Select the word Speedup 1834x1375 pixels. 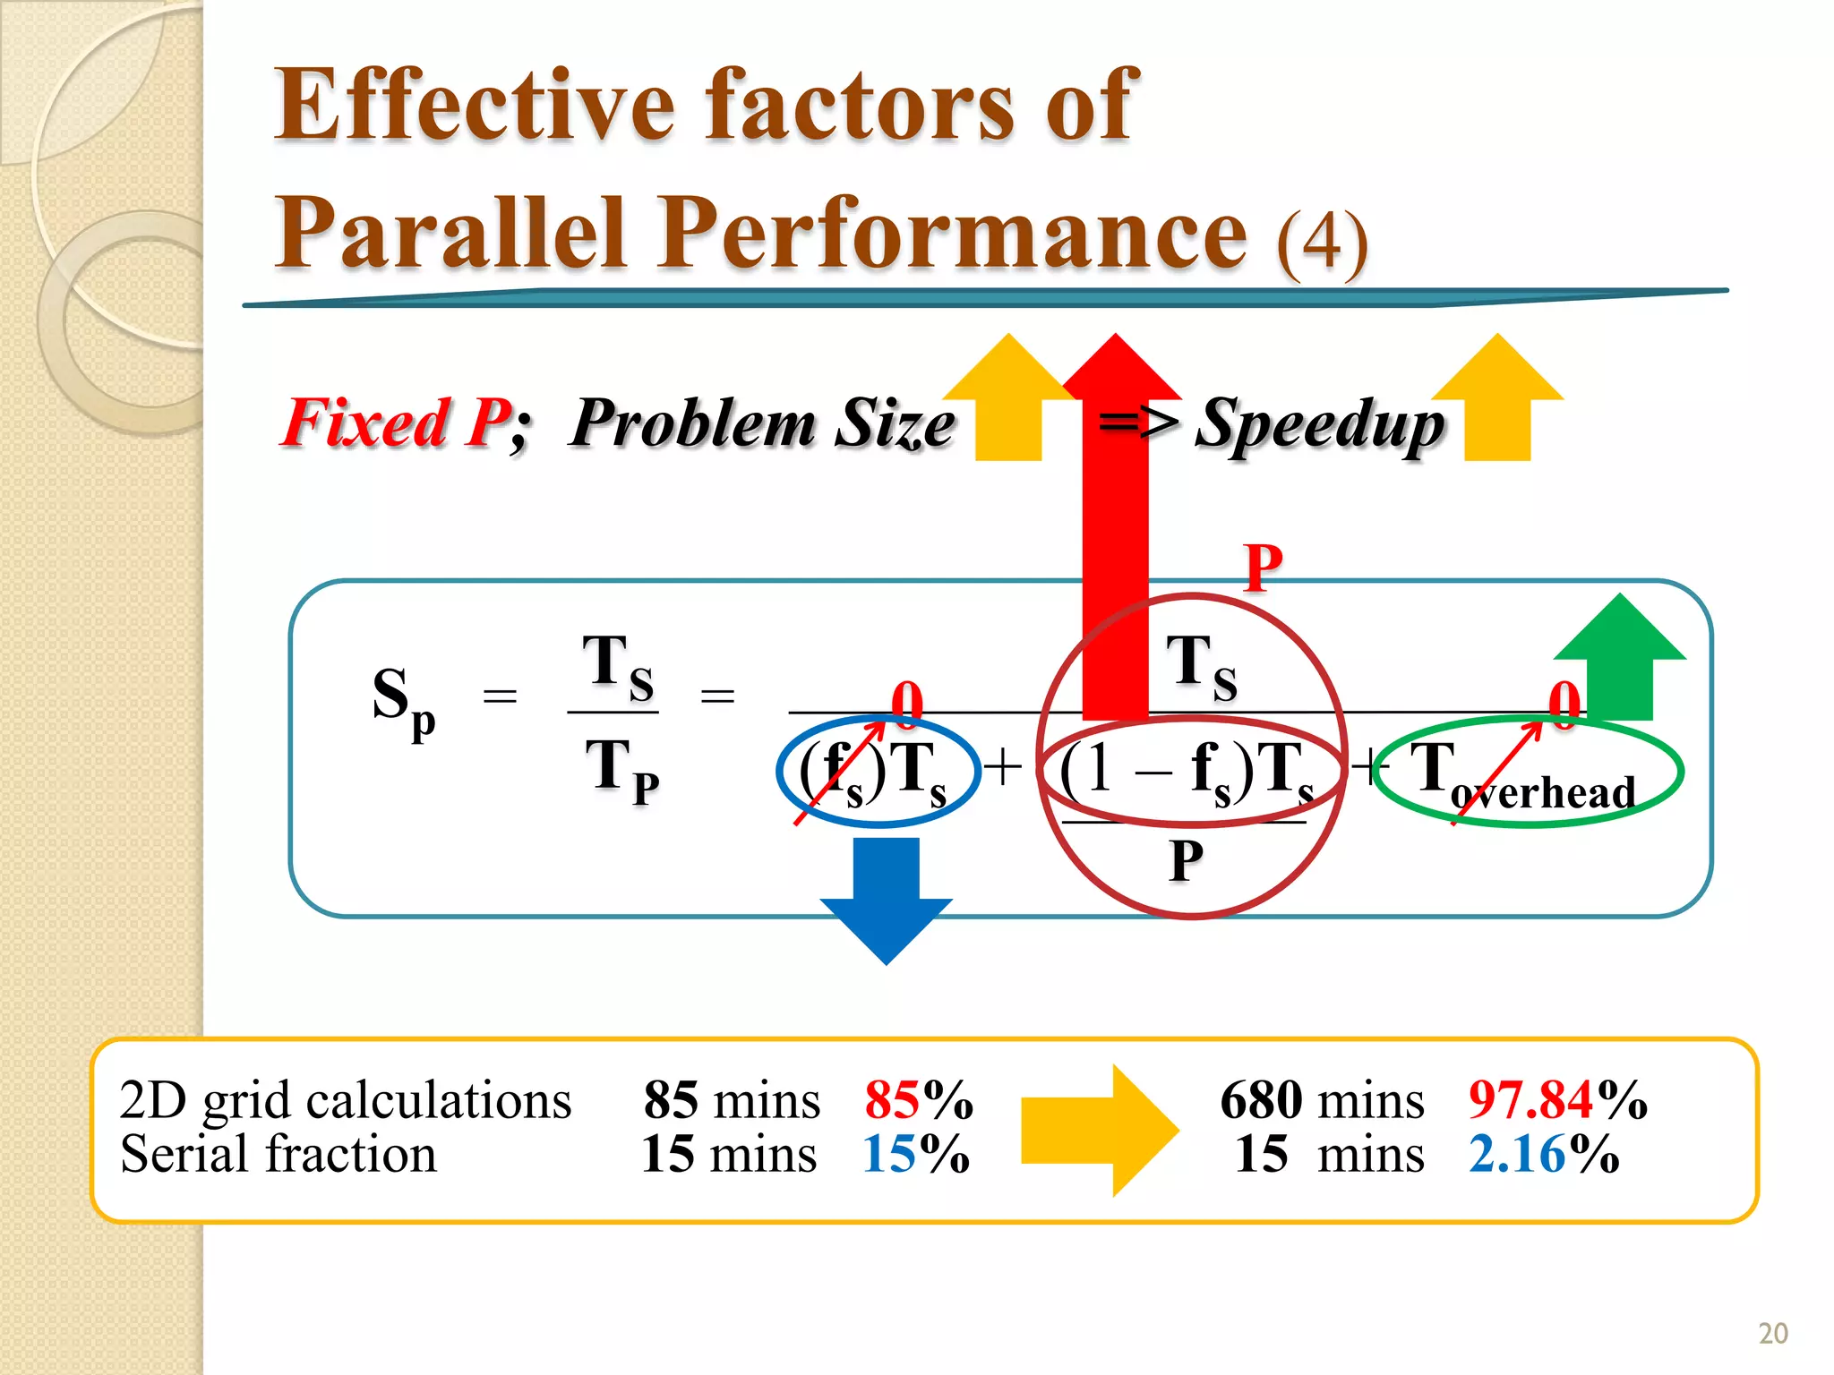(x=1320, y=424)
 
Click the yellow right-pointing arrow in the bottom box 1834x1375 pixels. (x=1100, y=1131)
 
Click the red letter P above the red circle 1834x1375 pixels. (x=1264, y=568)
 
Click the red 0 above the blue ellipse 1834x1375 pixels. (x=906, y=701)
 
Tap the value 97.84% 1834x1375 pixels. (x=1556, y=1100)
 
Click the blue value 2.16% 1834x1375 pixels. (x=1543, y=1155)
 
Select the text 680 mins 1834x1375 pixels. (x=1321, y=1100)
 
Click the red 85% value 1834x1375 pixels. (x=918, y=1100)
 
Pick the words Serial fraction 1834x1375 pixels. (x=279, y=1155)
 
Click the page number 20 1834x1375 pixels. (x=1772, y=1334)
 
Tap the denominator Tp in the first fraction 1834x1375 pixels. (x=621, y=770)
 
